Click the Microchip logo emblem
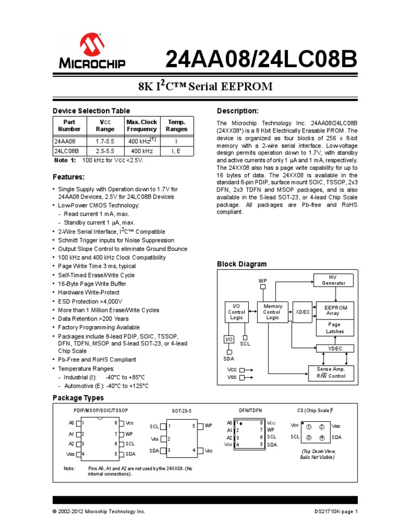point(91,44)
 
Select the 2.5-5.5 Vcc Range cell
point(105,151)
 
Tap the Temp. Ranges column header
point(177,125)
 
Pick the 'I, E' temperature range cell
point(177,151)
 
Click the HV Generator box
point(334,280)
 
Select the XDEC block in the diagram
point(302,312)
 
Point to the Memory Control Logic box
point(273,312)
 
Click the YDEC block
point(334,348)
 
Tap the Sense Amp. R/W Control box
point(331,373)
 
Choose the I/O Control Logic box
point(236,312)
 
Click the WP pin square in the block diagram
point(263,286)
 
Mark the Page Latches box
point(335,328)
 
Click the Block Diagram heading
point(242,264)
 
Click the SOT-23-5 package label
point(182,410)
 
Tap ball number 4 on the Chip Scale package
point(322,437)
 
